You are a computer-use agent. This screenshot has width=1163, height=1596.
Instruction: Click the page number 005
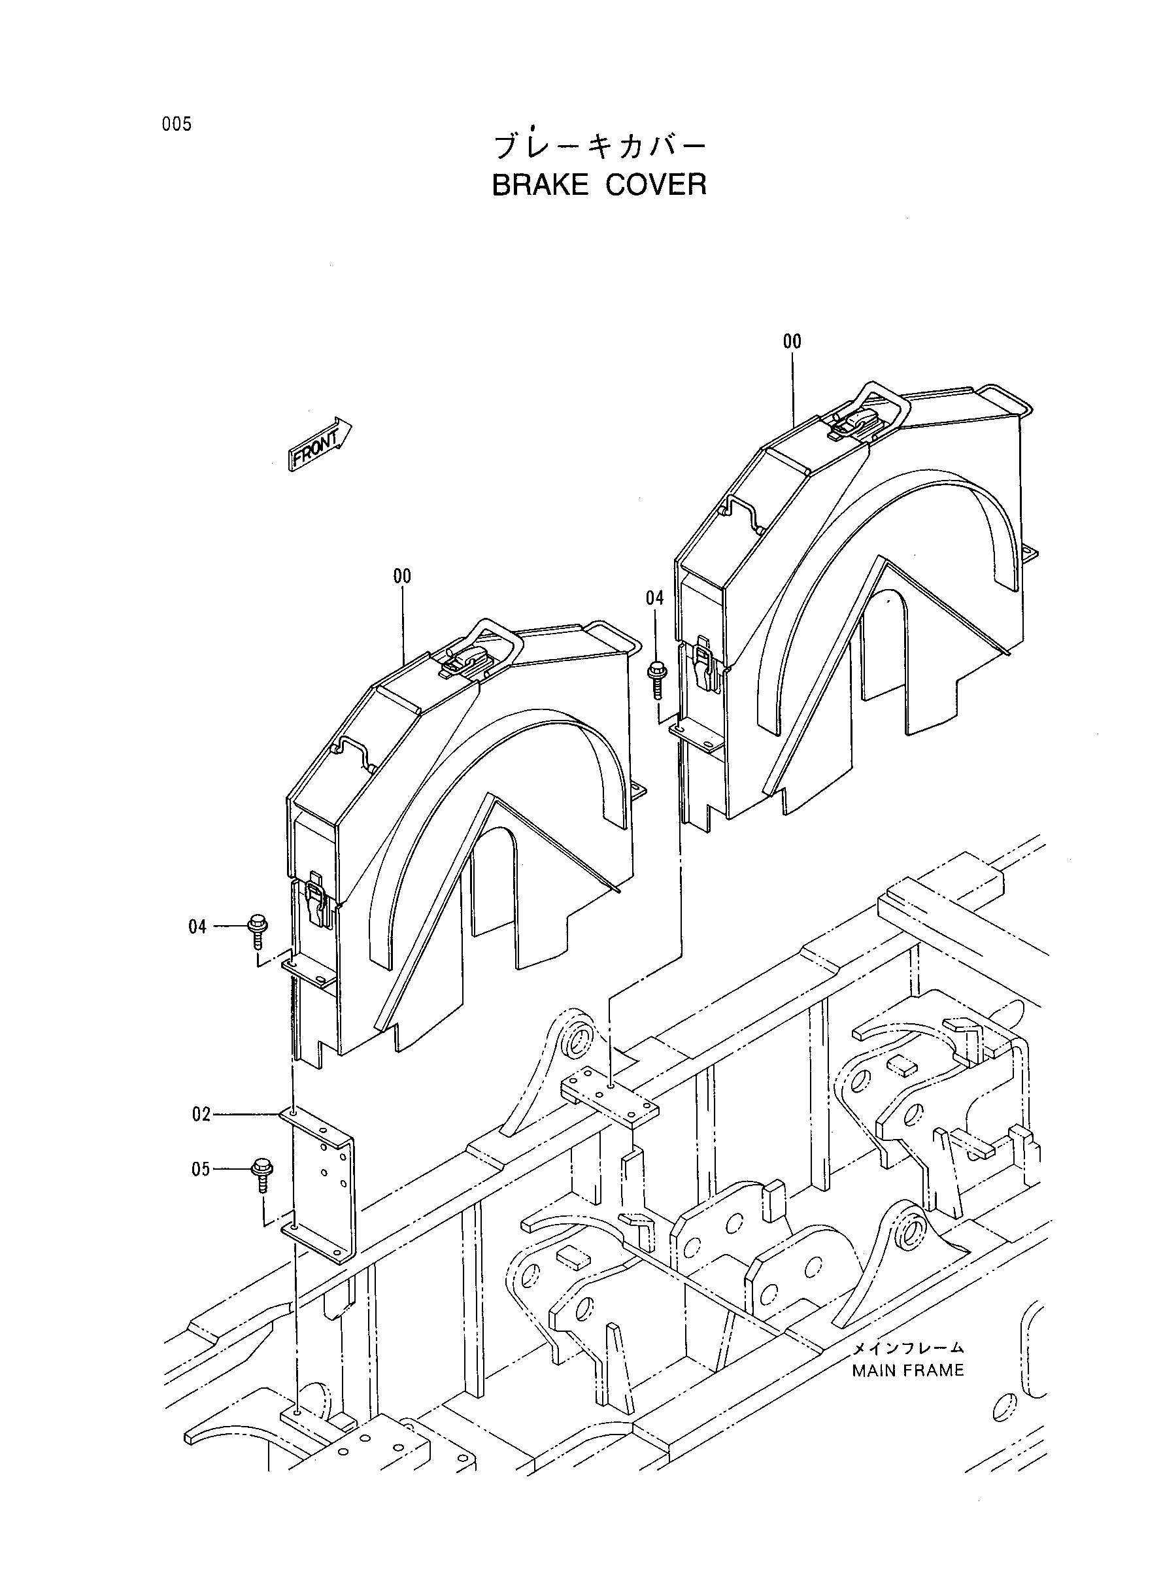[176, 125]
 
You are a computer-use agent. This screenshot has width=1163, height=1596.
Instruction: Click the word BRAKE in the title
[540, 184]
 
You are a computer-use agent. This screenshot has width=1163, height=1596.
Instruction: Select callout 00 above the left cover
[402, 577]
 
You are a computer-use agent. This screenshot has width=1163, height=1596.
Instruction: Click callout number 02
[201, 1115]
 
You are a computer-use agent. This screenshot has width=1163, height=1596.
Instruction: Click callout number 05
[201, 1169]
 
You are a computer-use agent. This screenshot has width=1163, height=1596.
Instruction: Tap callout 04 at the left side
[198, 926]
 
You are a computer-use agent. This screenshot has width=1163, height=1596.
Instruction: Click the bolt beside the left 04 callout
[257, 932]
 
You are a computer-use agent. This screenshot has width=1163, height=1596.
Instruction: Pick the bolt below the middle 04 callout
[656, 678]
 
